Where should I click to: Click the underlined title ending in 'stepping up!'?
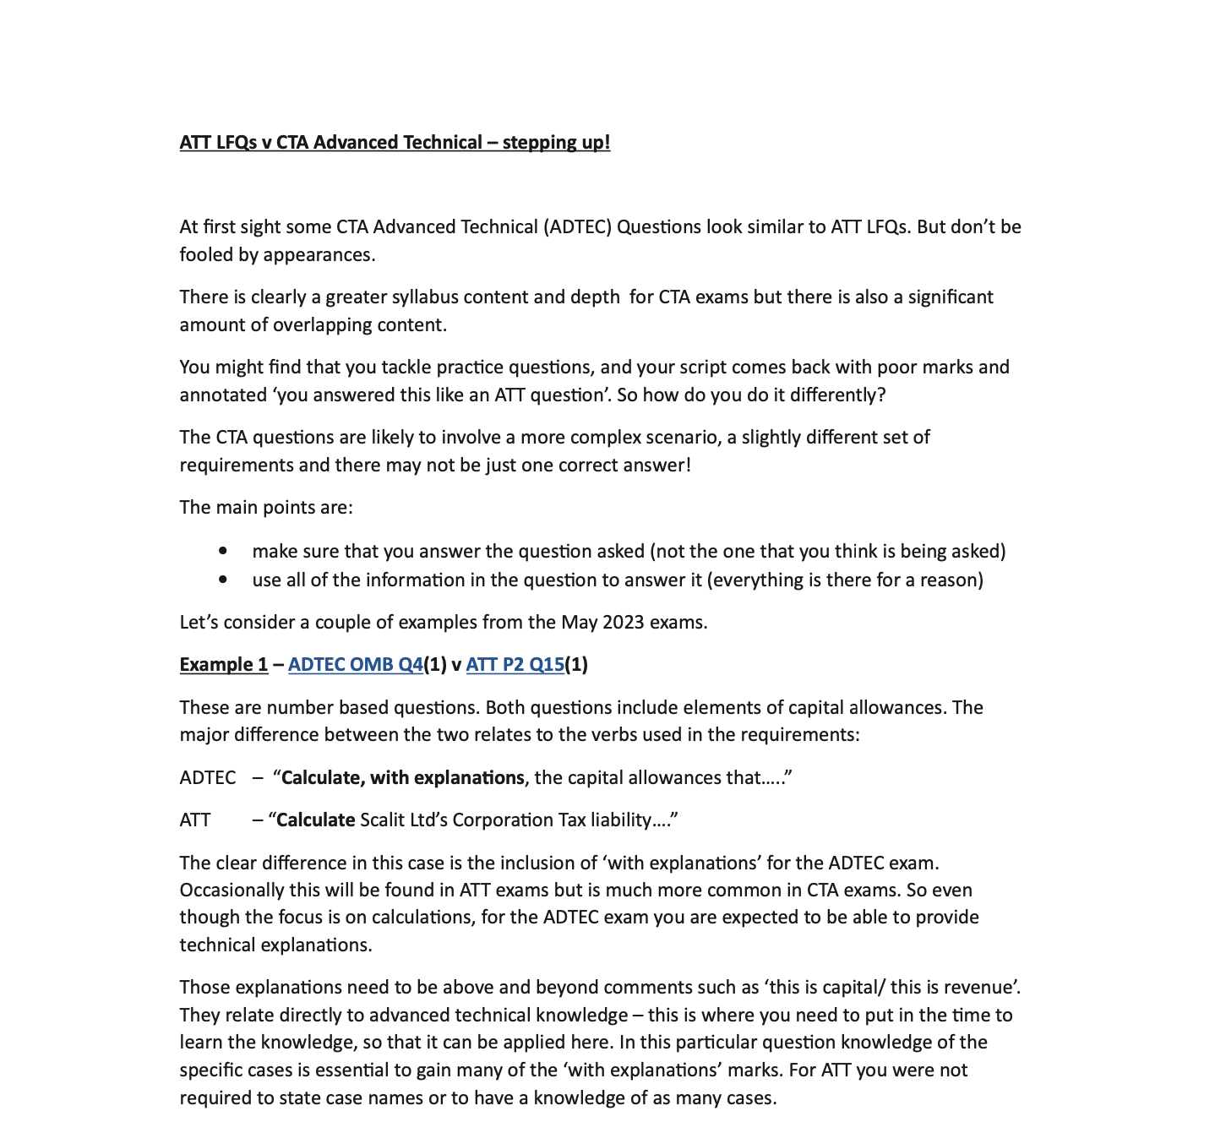[395, 142]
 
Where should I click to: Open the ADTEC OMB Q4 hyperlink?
[355, 664]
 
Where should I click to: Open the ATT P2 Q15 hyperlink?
[515, 664]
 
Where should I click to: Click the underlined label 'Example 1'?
[223, 664]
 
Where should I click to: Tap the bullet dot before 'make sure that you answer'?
[222, 551]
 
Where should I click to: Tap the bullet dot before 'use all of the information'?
[222, 580]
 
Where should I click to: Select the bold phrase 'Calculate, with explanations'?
[402, 777]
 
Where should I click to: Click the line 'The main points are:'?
[266, 507]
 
